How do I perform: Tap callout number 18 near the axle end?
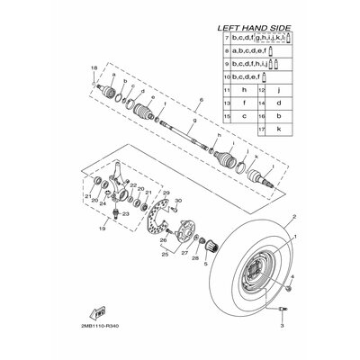click(x=94, y=68)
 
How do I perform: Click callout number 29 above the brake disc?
click(x=166, y=193)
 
